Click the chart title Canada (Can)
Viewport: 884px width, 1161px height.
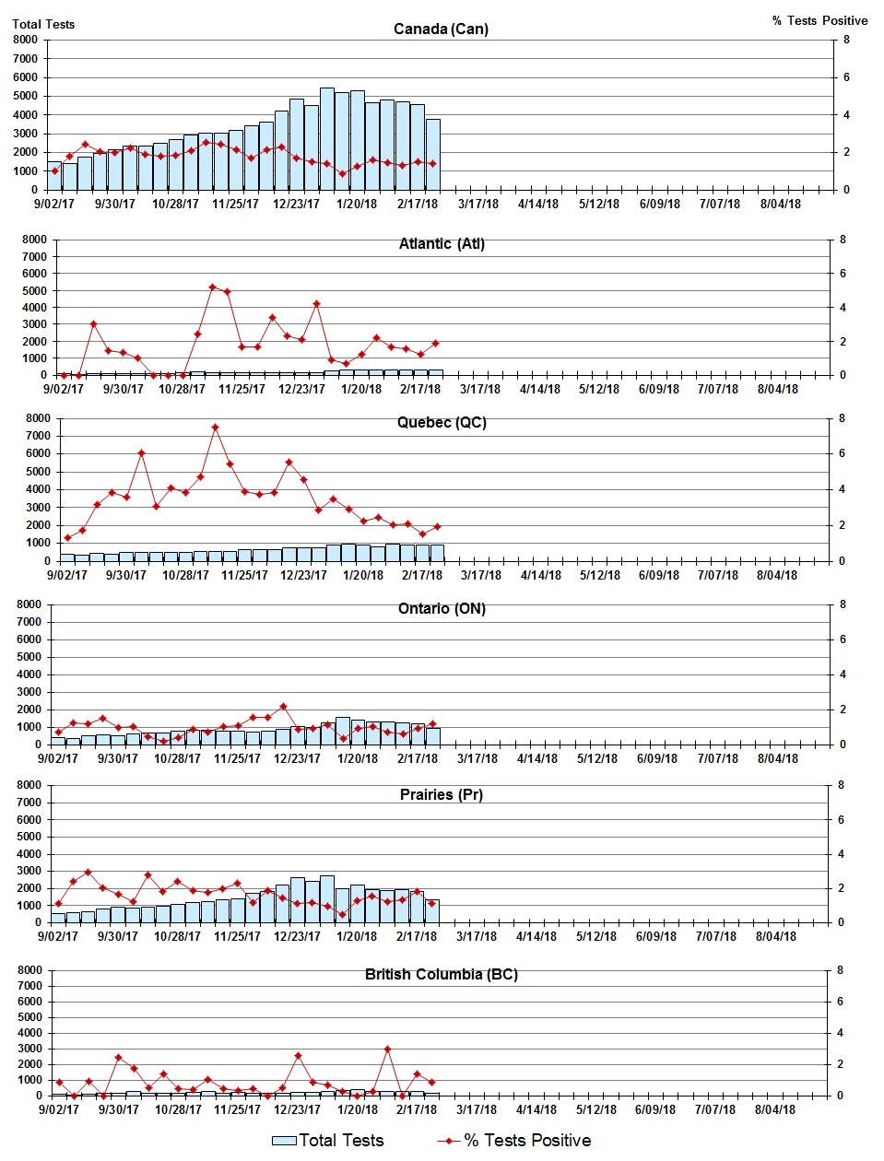[x=441, y=29]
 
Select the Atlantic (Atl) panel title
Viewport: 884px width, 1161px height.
[x=442, y=244]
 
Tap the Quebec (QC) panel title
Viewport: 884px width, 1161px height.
[x=442, y=423]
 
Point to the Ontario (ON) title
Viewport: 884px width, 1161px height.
[x=442, y=609]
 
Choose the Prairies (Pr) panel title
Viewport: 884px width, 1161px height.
[x=442, y=795]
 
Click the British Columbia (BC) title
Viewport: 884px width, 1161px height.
[x=442, y=975]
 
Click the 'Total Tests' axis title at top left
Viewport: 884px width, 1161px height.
[x=43, y=24]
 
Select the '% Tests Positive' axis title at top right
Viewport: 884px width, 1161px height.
[x=819, y=20]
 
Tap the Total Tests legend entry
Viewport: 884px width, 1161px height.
[x=328, y=1141]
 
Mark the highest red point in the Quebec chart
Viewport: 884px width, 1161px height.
[x=215, y=428]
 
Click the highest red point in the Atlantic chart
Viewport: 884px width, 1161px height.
[x=212, y=287]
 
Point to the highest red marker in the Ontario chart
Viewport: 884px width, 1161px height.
[x=283, y=707]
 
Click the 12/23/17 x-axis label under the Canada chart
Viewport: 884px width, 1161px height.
[x=296, y=205]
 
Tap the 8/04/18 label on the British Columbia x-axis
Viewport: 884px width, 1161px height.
[x=775, y=1110]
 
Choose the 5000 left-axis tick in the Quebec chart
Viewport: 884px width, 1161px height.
[x=38, y=472]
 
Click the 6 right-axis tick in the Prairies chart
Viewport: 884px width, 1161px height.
[x=840, y=820]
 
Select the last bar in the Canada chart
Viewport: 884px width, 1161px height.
[x=432, y=154]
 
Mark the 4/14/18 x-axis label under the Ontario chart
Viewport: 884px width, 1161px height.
[x=536, y=759]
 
